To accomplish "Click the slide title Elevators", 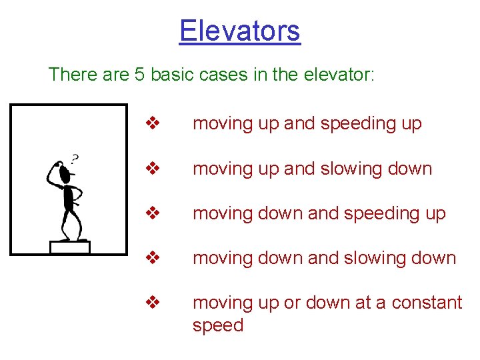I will click(x=240, y=31).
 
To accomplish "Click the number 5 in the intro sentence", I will click(x=140, y=74).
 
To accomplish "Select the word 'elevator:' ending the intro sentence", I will click(x=339, y=74).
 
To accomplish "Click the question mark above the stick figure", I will click(x=75, y=159).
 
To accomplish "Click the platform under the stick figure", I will click(x=69, y=247).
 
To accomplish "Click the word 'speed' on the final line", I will click(x=218, y=325).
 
